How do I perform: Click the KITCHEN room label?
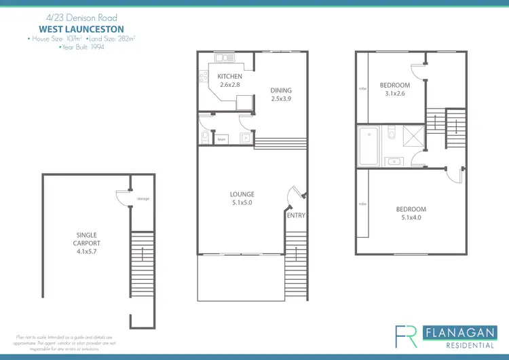click(229, 77)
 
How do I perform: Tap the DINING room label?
click(281, 90)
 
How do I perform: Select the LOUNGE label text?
click(242, 194)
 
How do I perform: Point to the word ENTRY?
click(296, 215)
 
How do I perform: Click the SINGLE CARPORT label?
click(86, 238)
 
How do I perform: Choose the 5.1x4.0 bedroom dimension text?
click(411, 218)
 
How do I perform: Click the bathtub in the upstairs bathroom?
click(369, 146)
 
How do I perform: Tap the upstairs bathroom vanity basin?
click(394, 161)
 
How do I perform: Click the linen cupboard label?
click(222, 140)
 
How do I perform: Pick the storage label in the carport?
click(143, 199)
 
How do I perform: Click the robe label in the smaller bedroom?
click(363, 88)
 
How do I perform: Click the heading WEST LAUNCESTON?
click(82, 31)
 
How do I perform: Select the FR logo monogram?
click(406, 336)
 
